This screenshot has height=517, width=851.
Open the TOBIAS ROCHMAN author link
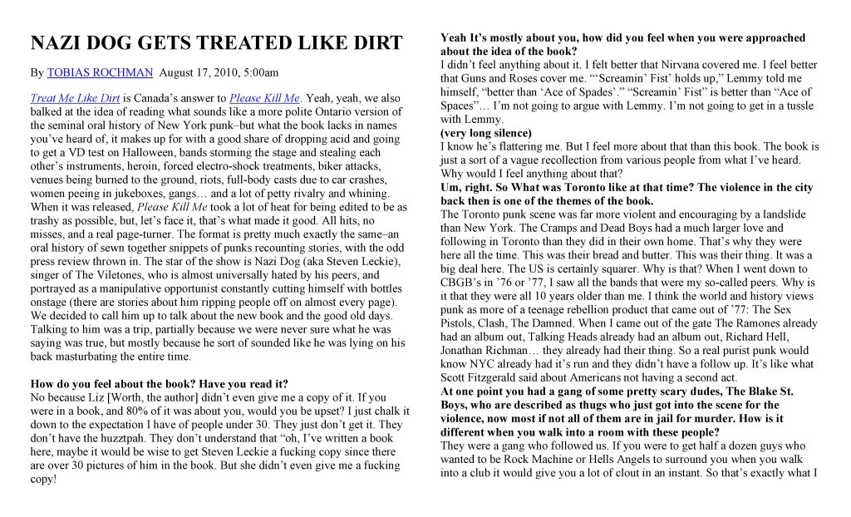coord(100,73)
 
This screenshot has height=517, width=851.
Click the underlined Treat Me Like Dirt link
coord(75,98)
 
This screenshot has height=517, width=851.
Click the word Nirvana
coord(662,65)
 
